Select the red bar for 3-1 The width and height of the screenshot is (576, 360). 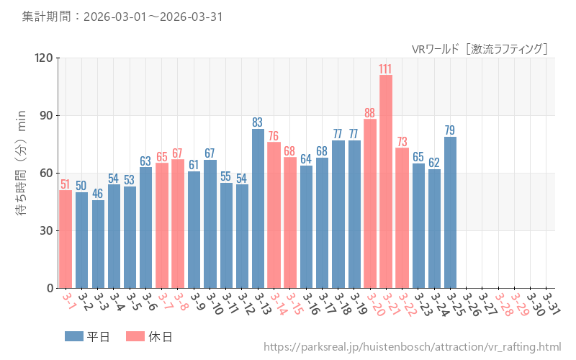[66, 239]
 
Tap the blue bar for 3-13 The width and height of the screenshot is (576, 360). [258, 208]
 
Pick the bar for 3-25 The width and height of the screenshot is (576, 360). [450, 212]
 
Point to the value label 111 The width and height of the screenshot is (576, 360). [386, 68]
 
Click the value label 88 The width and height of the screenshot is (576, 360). [370, 112]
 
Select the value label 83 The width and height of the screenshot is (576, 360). [258, 122]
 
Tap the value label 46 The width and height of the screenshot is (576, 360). [98, 194]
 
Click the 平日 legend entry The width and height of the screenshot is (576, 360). [87, 336]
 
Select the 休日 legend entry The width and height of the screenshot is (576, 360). [149, 336]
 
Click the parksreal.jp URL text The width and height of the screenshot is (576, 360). [412, 347]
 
